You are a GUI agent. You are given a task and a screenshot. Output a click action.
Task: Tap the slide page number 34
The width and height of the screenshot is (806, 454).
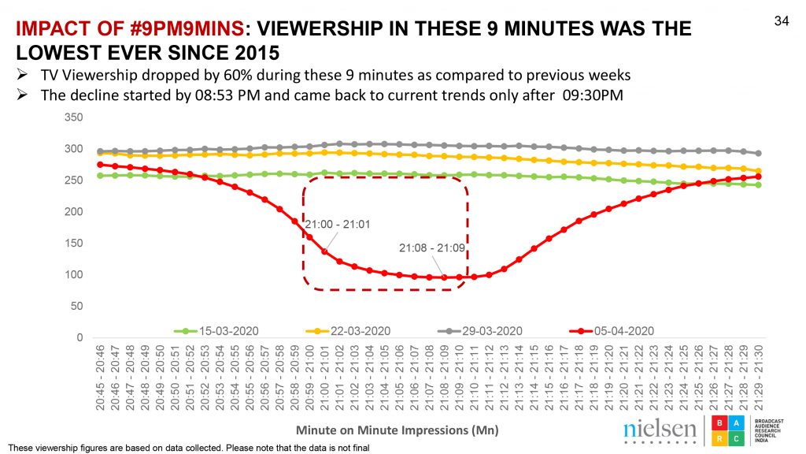[x=782, y=21]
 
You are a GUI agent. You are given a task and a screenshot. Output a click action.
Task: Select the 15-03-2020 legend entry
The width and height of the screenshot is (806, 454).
[x=225, y=330]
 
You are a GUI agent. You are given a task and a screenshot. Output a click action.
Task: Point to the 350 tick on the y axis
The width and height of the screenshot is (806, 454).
[x=74, y=117]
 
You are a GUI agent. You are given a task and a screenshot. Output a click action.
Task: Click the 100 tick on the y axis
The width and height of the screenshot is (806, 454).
[x=74, y=275]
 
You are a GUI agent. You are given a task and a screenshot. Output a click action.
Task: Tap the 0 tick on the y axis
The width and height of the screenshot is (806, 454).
[x=79, y=338]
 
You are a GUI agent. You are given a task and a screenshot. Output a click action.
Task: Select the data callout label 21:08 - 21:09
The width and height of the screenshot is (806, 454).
[x=432, y=248]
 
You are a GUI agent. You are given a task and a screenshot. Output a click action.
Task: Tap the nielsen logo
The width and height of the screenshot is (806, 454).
[x=659, y=430]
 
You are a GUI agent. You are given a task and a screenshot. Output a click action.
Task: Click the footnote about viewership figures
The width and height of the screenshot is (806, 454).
[x=189, y=448]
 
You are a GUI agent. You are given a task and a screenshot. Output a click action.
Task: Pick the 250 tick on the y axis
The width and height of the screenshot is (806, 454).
[x=74, y=180]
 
